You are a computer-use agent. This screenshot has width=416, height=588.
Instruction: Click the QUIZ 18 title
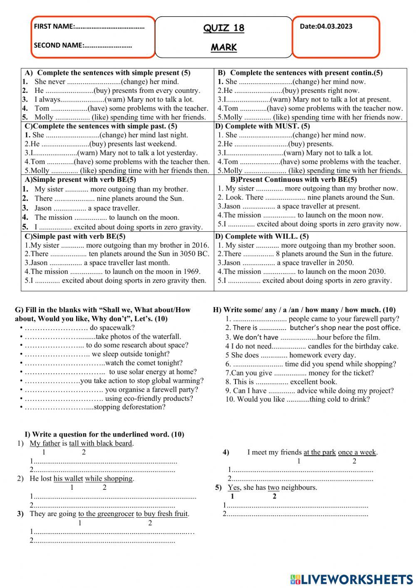pyautogui.click(x=224, y=28)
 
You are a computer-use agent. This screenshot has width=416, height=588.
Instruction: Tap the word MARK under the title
pyautogui.click(x=224, y=47)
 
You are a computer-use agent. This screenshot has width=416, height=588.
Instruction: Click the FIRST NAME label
pyautogui.click(x=54, y=27)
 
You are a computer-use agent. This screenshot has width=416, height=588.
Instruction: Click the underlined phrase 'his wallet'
pyautogui.click(x=68, y=479)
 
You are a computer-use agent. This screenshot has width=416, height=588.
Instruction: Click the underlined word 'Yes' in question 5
pyautogui.click(x=233, y=487)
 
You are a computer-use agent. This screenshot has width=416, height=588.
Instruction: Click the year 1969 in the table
pyautogui.click(x=192, y=271)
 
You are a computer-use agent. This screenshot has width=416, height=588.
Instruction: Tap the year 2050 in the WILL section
pyautogui.click(x=346, y=263)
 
